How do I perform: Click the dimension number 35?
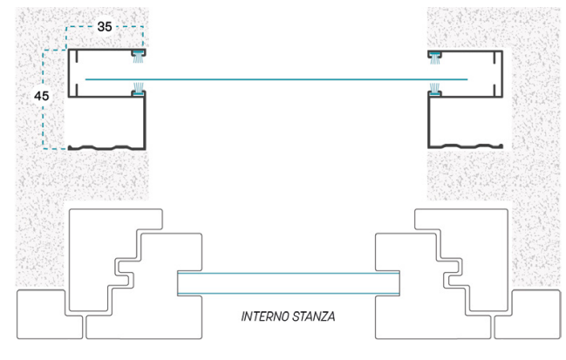[x=105, y=26]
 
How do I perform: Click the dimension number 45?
[x=42, y=96]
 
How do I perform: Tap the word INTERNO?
[x=265, y=316]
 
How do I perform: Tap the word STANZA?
[x=313, y=316]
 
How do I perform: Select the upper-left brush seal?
[x=138, y=57]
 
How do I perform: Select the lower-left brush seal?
[x=138, y=89]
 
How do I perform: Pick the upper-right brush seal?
[x=435, y=58]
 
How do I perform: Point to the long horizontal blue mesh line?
[x=276, y=79]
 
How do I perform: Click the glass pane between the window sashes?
[x=289, y=283]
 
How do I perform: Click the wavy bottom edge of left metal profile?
[x=107, y=147]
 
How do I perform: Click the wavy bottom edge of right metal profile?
[x=466, y=146]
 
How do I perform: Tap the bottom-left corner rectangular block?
[x=50, y=314]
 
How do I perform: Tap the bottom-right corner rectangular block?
[x=527, y=314]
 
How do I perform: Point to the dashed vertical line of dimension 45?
[x=43, y=99]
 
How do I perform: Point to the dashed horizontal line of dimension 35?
[x=105, y=26]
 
